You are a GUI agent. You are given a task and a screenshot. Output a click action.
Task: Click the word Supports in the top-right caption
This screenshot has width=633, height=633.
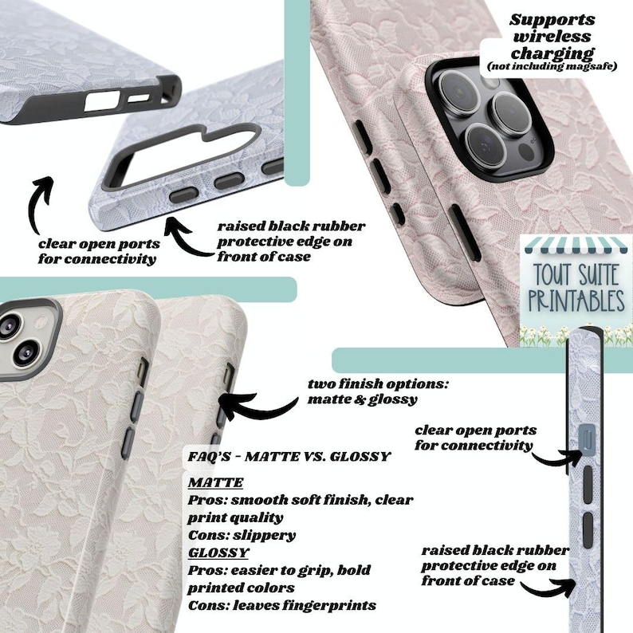[552, 20]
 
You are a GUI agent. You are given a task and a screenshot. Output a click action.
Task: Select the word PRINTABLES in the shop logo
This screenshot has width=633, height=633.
[576, 301]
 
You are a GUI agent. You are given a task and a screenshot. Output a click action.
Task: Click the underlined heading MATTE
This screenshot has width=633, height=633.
[215, 482]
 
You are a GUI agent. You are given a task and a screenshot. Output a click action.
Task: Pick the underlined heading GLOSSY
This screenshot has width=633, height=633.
[218, 552]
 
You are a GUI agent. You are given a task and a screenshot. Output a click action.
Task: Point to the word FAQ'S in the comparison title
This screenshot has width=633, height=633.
[209, 457]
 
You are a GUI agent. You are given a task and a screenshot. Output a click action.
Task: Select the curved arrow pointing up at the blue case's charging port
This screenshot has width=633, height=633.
[40, 204]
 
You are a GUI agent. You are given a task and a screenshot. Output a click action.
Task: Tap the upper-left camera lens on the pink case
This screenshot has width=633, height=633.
[459, 90]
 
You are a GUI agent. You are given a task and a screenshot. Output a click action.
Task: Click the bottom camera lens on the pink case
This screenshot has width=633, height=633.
[486, 144]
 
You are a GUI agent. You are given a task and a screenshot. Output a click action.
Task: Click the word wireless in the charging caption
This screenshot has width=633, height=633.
[552, 37]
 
